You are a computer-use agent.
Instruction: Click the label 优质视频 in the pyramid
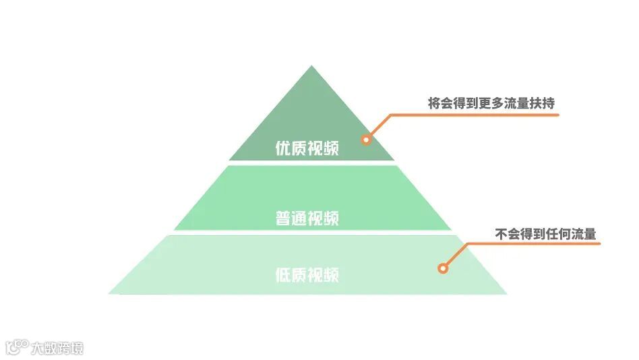(307, 148)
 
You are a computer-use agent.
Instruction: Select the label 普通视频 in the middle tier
(307, 218)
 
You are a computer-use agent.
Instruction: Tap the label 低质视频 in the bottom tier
(307, 275)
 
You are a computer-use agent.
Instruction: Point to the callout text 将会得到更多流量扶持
(491, 104)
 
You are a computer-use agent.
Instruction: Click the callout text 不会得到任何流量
(546, 234)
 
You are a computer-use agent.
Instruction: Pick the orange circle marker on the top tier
(366, 140)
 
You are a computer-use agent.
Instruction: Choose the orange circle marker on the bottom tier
(443, 268)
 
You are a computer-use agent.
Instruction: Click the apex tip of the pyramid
(311, 67)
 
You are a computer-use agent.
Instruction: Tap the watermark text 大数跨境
(58, 349)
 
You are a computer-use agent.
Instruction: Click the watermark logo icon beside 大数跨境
(17, 347)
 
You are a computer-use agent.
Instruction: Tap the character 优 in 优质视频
(283, 148)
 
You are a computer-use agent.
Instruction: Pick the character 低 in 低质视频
(283, 275)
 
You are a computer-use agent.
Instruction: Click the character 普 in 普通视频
(283, 218)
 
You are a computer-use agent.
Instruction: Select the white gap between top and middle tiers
(311, 162)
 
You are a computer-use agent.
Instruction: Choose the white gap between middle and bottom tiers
(311, 233)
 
